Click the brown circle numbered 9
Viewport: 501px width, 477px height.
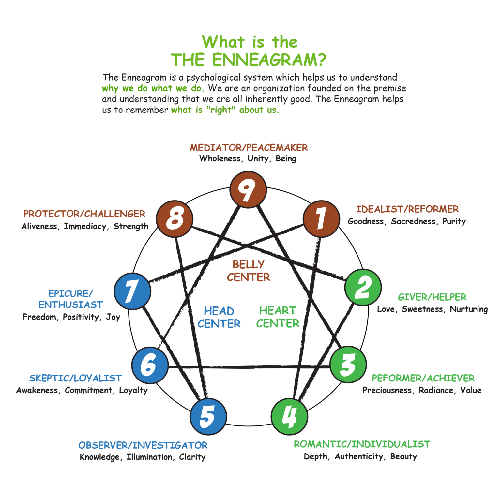(248, 189)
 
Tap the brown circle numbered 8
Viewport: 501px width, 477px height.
(175, 219)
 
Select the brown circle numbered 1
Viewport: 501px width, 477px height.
(321, 219)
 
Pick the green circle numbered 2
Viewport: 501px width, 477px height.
(363, 287)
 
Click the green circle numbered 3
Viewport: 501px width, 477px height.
(348, 365)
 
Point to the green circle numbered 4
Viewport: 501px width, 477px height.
(289, 416)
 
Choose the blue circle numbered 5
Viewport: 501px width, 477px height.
(208, 416)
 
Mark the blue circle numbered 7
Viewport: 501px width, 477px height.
(132, 291)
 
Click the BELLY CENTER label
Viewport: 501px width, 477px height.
(249, 271)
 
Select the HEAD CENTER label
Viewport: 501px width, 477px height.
(219, 317)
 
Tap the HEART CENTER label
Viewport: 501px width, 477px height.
(278, 317)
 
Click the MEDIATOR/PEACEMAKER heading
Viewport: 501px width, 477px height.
(249, 148)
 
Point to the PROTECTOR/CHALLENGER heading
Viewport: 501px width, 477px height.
(84, 214)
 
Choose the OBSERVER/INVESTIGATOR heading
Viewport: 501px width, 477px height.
(143, 445)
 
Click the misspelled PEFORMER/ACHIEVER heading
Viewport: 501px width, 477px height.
(423, 378)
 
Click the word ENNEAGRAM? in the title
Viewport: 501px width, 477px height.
(269, 60)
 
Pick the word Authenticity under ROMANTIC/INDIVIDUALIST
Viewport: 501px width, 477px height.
(359, 456)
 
